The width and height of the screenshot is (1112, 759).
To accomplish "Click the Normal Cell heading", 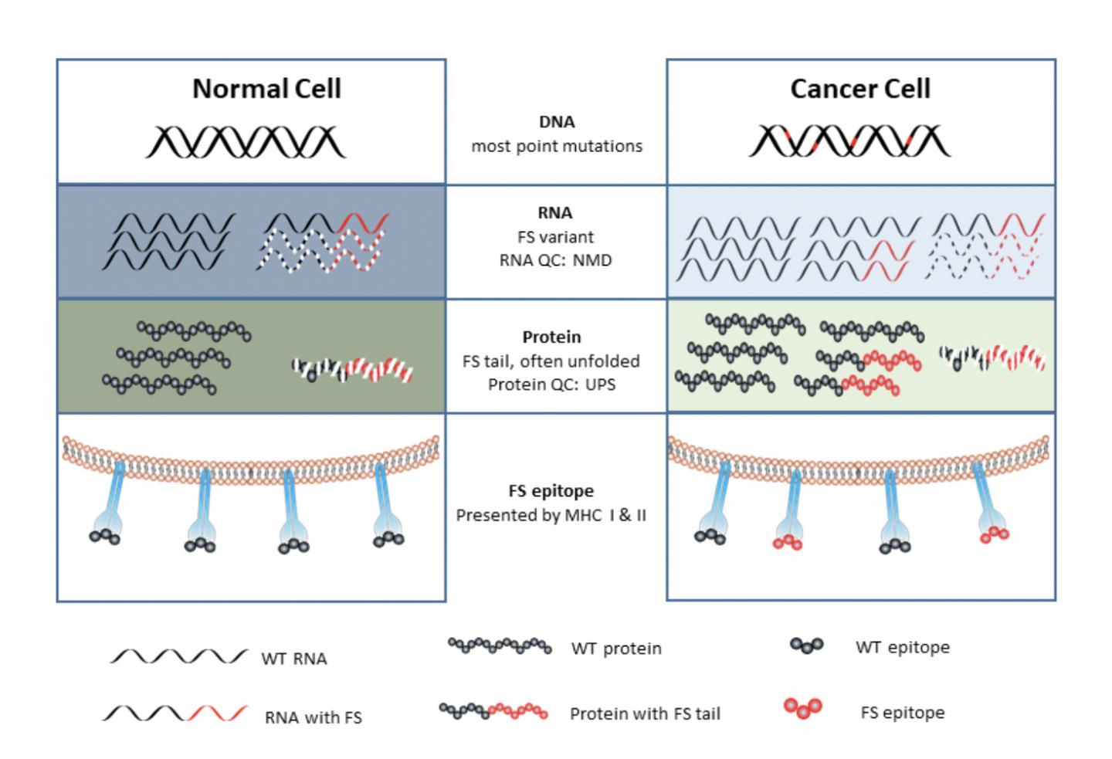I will pyautogui.click(x=266, y=89).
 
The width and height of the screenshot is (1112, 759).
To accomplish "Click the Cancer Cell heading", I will pyautogui.click(x=859, y=89).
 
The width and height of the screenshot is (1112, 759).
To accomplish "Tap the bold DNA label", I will pyautogui.click(x=556, y=122).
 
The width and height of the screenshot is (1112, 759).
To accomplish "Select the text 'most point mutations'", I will pyautogui.click(x=556, y=146).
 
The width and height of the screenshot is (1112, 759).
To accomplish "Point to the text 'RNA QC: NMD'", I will pyautogui.click(x=555, y=260).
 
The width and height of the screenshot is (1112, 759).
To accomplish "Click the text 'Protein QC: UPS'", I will pyautogui.click(x=551, y=385).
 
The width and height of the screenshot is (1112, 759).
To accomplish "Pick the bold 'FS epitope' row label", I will pyautogui.click(x=551, y=491).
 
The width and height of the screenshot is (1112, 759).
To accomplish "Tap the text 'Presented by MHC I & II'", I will pyautogui.click(x=551, y=515).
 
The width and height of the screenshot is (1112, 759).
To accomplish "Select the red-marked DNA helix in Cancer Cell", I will pyautogui.click(x=849, y=141).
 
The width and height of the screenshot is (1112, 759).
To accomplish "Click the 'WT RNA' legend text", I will pyautogui.click(x=294, y=659).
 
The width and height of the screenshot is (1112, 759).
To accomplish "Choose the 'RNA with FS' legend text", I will pyautogui.click(x=313, y=717).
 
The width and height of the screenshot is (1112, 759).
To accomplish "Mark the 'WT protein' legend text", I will pyautogui.click(x=616, y=649).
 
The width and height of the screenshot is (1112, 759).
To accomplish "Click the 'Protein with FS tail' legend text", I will pyautogui.click(x=645, y=713).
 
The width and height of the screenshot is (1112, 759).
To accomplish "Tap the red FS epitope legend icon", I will pyautogui.click(x=803, y=707).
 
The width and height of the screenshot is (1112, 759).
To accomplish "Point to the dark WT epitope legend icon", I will pyautogui.click(x=806, y=645).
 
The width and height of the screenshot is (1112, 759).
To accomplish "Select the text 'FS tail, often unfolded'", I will pyautogui.click(x=551, y=361).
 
